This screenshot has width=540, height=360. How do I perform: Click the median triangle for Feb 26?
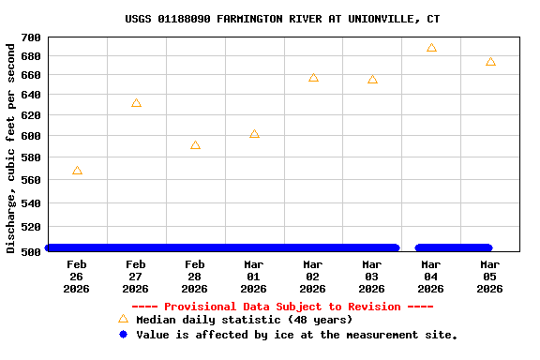pyautogui.click(x=77, y=171)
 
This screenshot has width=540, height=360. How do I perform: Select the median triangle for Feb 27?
pyautogui.click(x=136, y=103)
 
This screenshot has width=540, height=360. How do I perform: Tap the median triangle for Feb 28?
pyautogui.click(x=195, y=145)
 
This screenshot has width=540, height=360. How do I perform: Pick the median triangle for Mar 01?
pyautogui.click(x=254, y=134)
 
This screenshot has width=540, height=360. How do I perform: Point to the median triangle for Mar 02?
pyautogui.click(x=313, y=78)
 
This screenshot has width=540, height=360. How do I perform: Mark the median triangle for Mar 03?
pyautogui.click(x=372, y=80)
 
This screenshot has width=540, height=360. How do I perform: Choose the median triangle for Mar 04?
pyautogui.click(x=431, y=48)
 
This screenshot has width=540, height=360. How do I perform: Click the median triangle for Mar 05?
pyautogui.click(x=490, y=62)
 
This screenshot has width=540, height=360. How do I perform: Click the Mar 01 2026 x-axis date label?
pyautogui.click(x=254, y=277)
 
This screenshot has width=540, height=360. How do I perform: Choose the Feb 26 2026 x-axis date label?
pyautogui.click(x=77, y=277)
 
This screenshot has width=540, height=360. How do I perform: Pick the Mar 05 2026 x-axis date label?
pyautogui.click(x=490, y=277)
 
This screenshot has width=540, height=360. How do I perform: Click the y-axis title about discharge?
pyautogui.click(x=11, y=144)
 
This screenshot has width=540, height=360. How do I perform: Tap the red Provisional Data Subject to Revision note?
pyautogui.click(x=282, y=307)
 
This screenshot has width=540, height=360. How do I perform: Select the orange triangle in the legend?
pyautogui.click(x=123, y=319)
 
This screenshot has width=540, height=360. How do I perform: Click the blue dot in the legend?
pyautogui.click(x=123, y=334)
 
